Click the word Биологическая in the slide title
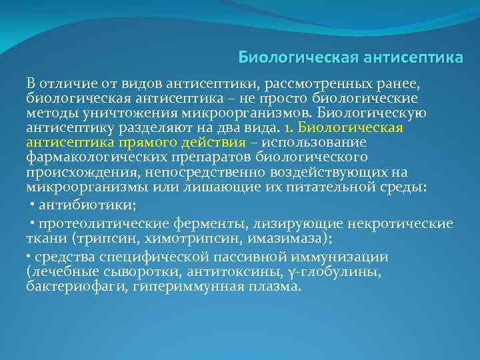click(x=297, y=58)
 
